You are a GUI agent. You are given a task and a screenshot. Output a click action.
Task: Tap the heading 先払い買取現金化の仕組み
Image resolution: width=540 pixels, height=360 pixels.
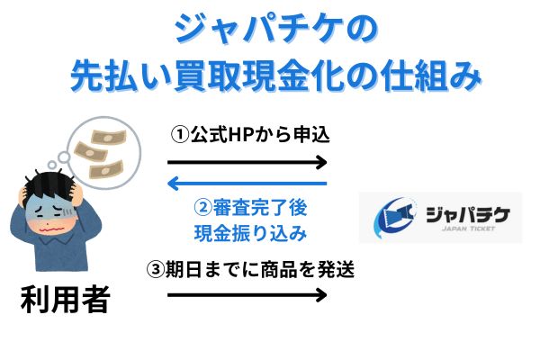[276, 76]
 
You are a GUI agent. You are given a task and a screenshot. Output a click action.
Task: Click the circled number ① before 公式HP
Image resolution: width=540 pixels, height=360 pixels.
[180, 135]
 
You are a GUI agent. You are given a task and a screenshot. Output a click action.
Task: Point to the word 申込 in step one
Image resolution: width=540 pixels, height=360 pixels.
[311, 135]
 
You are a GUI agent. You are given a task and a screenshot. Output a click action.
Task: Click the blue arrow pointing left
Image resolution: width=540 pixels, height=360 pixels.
[247, 184]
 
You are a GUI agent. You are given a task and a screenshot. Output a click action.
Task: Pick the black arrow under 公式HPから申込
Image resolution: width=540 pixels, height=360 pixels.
[247, 162]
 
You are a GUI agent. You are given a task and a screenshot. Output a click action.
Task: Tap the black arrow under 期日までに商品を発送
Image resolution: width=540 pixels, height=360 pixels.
[247, 295]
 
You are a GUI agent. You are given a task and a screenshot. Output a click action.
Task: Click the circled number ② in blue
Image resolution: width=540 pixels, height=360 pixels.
[202, 208]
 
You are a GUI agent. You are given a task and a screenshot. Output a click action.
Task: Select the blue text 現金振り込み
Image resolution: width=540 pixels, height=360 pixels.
[250, 233]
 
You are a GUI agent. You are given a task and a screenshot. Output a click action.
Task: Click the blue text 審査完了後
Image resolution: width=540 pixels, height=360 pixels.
[260, 208]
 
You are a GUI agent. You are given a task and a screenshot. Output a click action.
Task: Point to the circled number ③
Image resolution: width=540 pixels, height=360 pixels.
[156, 269]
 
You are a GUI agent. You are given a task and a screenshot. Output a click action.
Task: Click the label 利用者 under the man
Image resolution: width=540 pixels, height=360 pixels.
[66, 299]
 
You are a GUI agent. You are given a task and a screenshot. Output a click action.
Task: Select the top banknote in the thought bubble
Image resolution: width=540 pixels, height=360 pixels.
[109, 138]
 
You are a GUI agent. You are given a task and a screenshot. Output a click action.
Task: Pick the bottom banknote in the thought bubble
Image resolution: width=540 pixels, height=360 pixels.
[105, 169]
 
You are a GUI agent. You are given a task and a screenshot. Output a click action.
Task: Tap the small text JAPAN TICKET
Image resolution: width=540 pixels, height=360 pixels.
[468, 228]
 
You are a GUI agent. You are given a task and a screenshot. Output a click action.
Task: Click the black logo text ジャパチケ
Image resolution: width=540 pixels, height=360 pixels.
[468, 214]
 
